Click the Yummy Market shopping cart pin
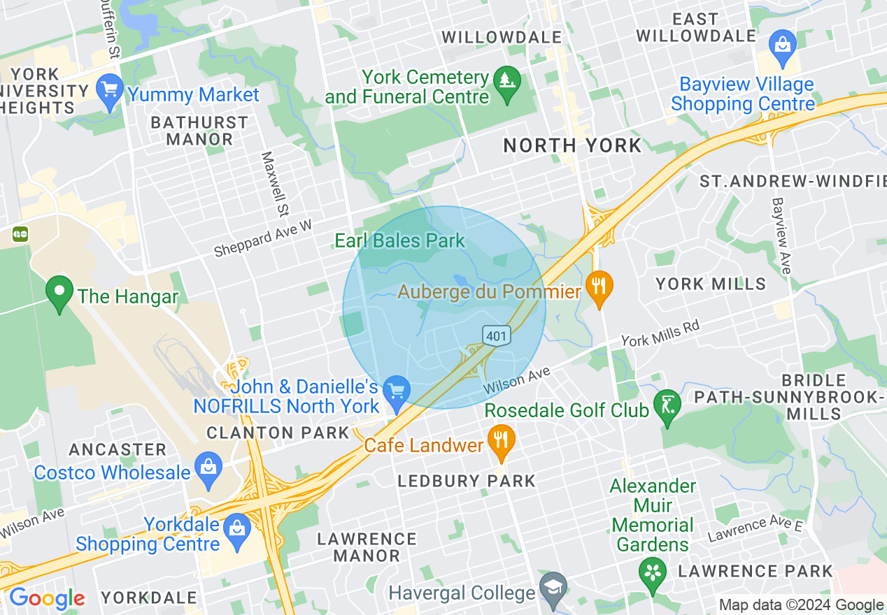pos(111,92)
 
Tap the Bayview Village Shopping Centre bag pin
pos(782,45)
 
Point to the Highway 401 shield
pos(496,335)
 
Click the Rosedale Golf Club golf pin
pos(666,407)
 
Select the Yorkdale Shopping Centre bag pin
pos(238,532)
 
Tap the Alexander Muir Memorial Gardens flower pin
pos(652,575)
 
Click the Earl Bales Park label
pos(399,241)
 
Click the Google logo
pos(47,598)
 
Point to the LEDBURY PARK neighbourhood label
pos(466,481)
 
